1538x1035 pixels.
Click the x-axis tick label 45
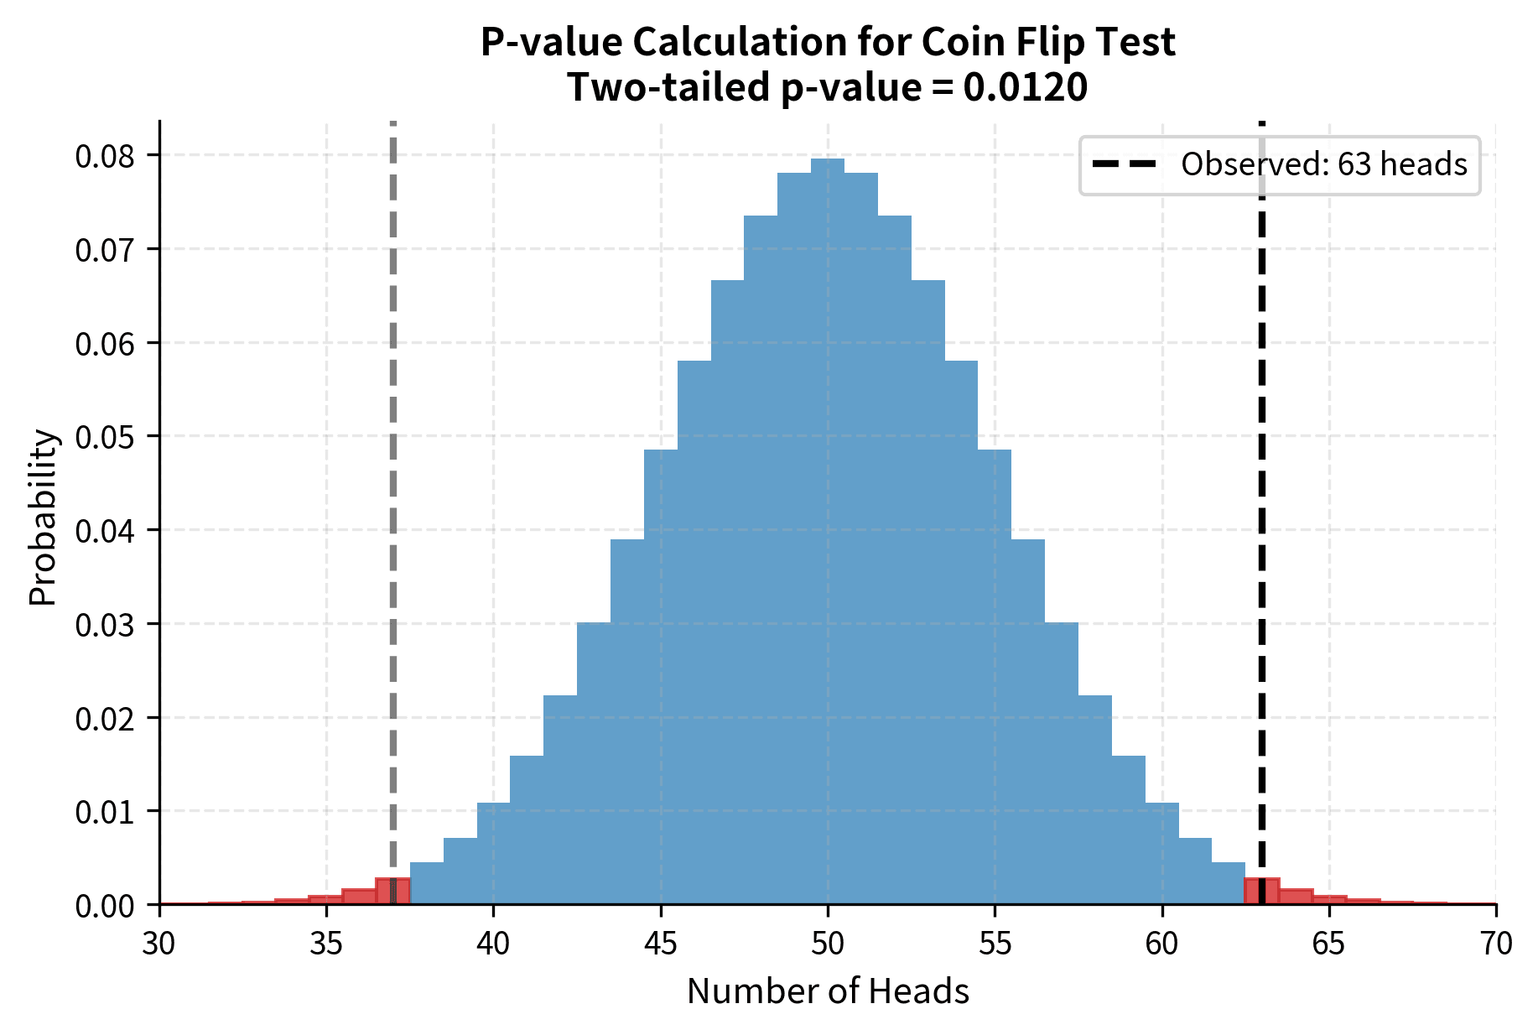(660, 944)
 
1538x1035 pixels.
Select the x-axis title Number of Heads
(828, 992)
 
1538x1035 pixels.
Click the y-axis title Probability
(43, 517)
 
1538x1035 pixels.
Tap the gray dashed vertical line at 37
(392, 503)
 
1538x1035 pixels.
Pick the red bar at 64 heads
(1296, 896)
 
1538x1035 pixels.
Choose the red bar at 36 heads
(359, 896)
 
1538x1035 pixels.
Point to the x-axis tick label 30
(159, 944)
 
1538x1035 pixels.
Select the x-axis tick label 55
(995, 944)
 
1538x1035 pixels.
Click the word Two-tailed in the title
(668, 87)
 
